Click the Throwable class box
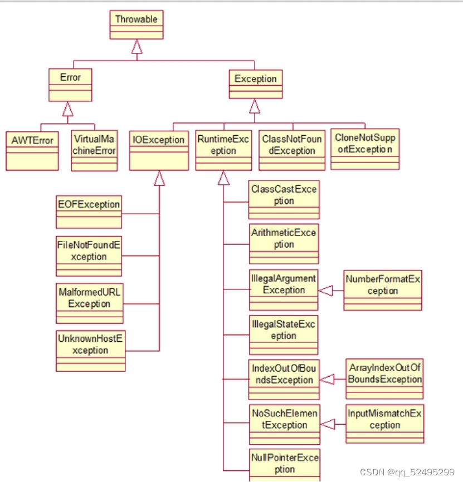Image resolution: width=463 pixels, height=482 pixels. click(137, 25)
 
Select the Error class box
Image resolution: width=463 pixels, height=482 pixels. click(70, 84)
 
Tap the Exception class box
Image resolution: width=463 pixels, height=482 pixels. click(255, 85)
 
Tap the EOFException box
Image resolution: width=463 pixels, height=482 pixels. click(89, 211)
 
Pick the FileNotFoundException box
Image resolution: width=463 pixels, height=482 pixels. click(89, 256)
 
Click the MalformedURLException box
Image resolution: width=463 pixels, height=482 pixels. click(89, 303)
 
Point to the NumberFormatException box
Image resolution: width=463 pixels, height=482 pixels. click(382, 290)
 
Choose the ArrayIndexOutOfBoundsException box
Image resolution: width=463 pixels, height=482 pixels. click(384, 379)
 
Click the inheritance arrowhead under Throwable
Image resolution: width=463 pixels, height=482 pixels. click(137, 48)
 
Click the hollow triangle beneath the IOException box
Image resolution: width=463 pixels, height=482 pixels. click(159, 178)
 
